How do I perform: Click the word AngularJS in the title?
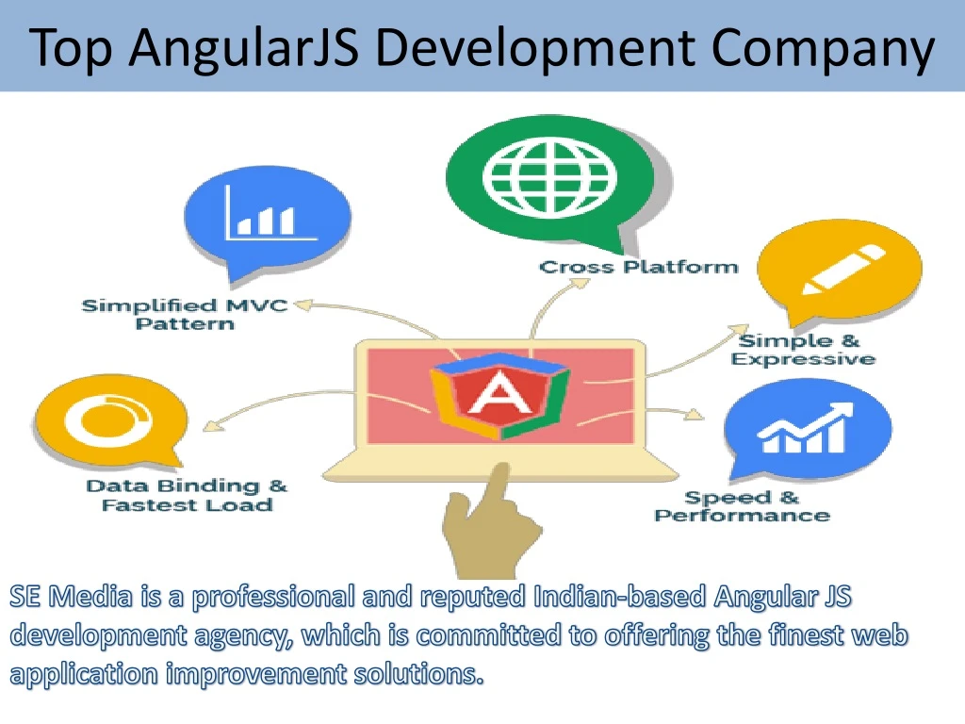coord(244,49)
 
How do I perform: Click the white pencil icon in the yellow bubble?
coord(843,270)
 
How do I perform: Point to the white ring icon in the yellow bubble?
coord(108,420)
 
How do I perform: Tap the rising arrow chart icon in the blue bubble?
coord(806,428)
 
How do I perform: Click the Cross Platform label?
coord(638,267)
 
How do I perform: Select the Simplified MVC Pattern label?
coord(185,315)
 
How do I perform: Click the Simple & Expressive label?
coord(803,350)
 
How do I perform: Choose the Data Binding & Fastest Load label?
coord(187,496)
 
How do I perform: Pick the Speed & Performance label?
coord(743,506)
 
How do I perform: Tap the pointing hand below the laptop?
coord(490,520)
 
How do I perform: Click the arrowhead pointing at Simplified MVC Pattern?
coord(303,304)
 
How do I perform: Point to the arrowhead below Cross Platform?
coord(580,283)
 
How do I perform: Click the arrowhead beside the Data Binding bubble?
coord(213,425)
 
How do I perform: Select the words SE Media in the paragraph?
coord(71,597)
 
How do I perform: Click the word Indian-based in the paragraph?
coord(620,597)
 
